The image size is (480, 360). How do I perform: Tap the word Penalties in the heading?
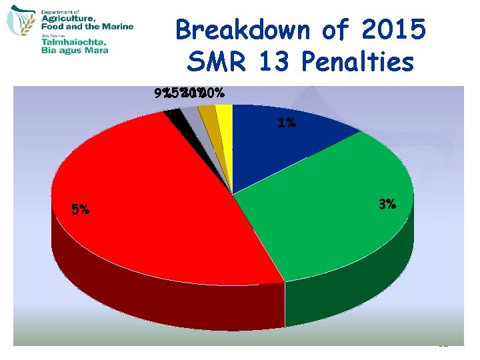coord(357,62)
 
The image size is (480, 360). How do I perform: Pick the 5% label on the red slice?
coord(80,210)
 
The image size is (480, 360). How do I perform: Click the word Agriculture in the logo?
coord(83,20)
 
